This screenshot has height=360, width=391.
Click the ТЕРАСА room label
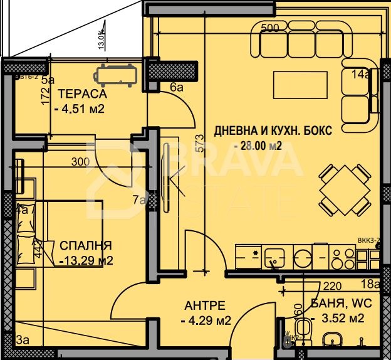(82, 94)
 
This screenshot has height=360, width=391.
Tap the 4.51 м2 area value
(79, 109)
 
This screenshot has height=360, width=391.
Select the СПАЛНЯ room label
(86, 245)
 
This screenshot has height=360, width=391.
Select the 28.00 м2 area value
(258, 146)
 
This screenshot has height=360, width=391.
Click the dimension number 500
(269, 28)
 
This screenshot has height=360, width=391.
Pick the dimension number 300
(80, 162)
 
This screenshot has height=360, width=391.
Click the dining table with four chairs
(344, 189)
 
